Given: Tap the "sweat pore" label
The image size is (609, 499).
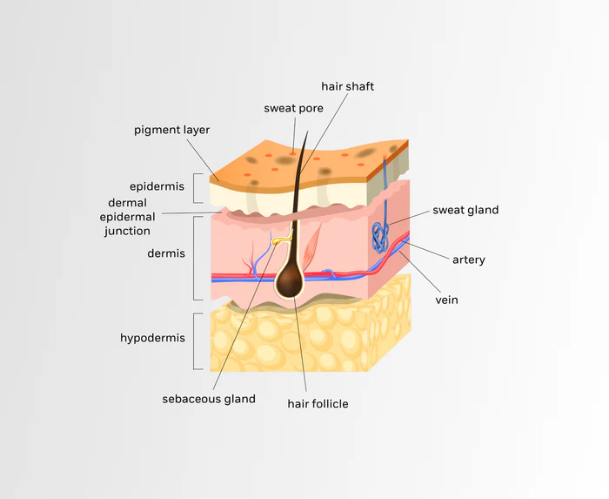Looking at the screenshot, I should pos(294,108).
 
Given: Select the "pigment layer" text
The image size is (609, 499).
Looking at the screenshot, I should pos(171,130).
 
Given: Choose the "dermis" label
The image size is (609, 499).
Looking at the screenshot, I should pos(165,255).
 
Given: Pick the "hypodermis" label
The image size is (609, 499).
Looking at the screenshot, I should pos(152,337).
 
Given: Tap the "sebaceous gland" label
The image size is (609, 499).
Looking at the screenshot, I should pos(209,399).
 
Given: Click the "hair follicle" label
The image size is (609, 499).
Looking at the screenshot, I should pos(318,403).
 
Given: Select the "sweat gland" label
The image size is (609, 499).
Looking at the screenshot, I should pos(465,210).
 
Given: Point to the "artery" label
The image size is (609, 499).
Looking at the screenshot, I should pos(468,260).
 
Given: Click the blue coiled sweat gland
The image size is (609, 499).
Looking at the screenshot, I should pos(380,235).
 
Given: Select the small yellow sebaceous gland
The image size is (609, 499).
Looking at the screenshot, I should pos(280,240).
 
